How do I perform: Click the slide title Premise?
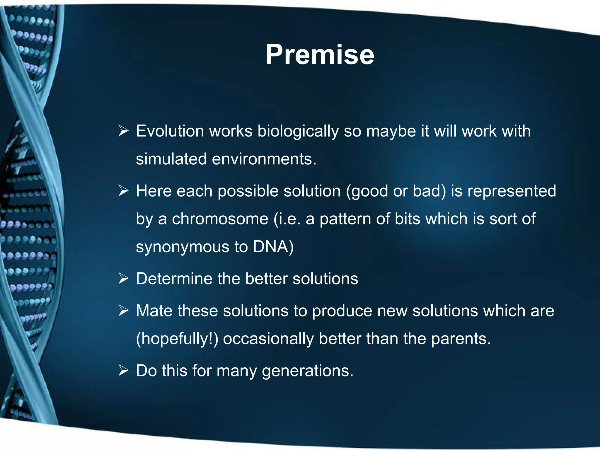(320, 54)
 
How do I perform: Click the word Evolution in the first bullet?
(170, 131)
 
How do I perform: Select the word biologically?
(298, 132)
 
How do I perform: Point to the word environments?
(264, 159)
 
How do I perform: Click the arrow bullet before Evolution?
(123, 131)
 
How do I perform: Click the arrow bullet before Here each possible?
(123, 191)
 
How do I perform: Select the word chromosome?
(220, 219)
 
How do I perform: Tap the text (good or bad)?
(396, 191)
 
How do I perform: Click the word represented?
(512, 191)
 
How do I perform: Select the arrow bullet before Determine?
(123, 278)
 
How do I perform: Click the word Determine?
(174, 279)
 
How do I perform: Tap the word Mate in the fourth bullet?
(154, 311)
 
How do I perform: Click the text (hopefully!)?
(177, 339)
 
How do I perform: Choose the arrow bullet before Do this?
(123, 371)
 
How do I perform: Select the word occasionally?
(268, 339)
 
